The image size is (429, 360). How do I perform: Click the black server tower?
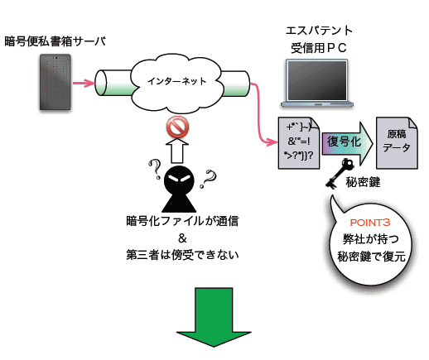tap(55, 82)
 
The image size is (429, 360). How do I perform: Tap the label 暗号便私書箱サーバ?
tap(55, 41)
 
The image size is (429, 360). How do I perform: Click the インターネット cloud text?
tap(176, 81)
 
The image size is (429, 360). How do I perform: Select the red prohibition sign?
tap(177, 127)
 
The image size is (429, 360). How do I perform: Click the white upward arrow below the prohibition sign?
tap(177, 151)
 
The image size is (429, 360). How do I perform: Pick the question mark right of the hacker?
tap(208, 179)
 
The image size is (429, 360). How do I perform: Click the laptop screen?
tap(316, 80)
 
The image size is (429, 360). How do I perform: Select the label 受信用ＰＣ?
tap(319, 48)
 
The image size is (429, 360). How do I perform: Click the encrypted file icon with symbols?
tap(299, 143)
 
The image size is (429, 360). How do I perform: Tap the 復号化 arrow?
tap(347, 143)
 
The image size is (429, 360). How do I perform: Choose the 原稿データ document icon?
tap(397, 143)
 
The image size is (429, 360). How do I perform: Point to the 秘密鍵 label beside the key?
tap(363, 182)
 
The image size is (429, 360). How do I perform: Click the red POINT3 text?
tap(370, 223)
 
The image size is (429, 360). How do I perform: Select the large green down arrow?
tap(214, 317)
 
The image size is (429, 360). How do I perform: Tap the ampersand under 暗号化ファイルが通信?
tap(182, 238)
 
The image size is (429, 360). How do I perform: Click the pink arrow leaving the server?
tap(84, 83)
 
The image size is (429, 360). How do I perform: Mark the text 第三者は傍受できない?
tap(182, 255)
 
